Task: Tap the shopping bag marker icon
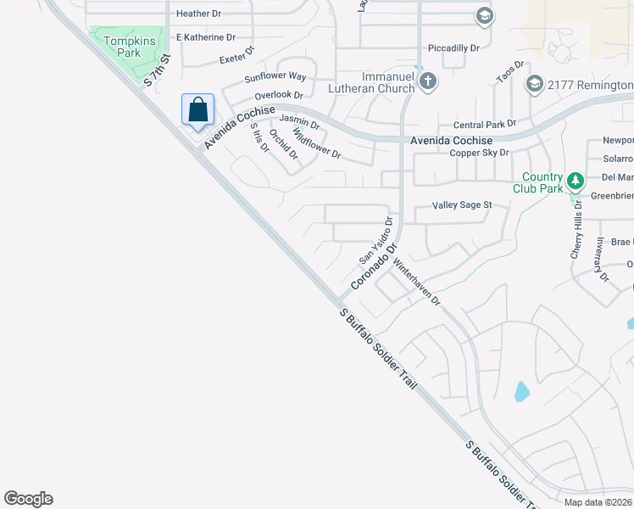coord(197,109)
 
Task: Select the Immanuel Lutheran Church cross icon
coord(429,81)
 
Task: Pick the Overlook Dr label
coord(278,95)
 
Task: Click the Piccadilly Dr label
coord(454,48)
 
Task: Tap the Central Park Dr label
coord(485,124)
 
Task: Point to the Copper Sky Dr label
coord(479,153)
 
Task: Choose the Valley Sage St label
coord(462,205)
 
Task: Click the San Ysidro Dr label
coord(376,240)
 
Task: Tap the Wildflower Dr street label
coord(316,144)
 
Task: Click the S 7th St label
coord(158,70)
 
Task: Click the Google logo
coord(28,499)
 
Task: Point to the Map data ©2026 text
coord(598,502)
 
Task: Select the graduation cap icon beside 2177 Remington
coord(534,83)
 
